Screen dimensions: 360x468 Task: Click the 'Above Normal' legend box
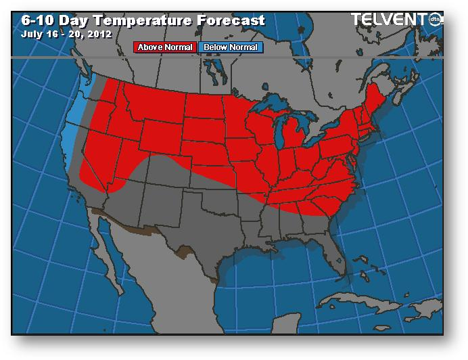point(166,47)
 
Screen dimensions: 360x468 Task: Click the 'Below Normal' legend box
point(231,47)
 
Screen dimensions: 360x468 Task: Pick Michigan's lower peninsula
point(293,135)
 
